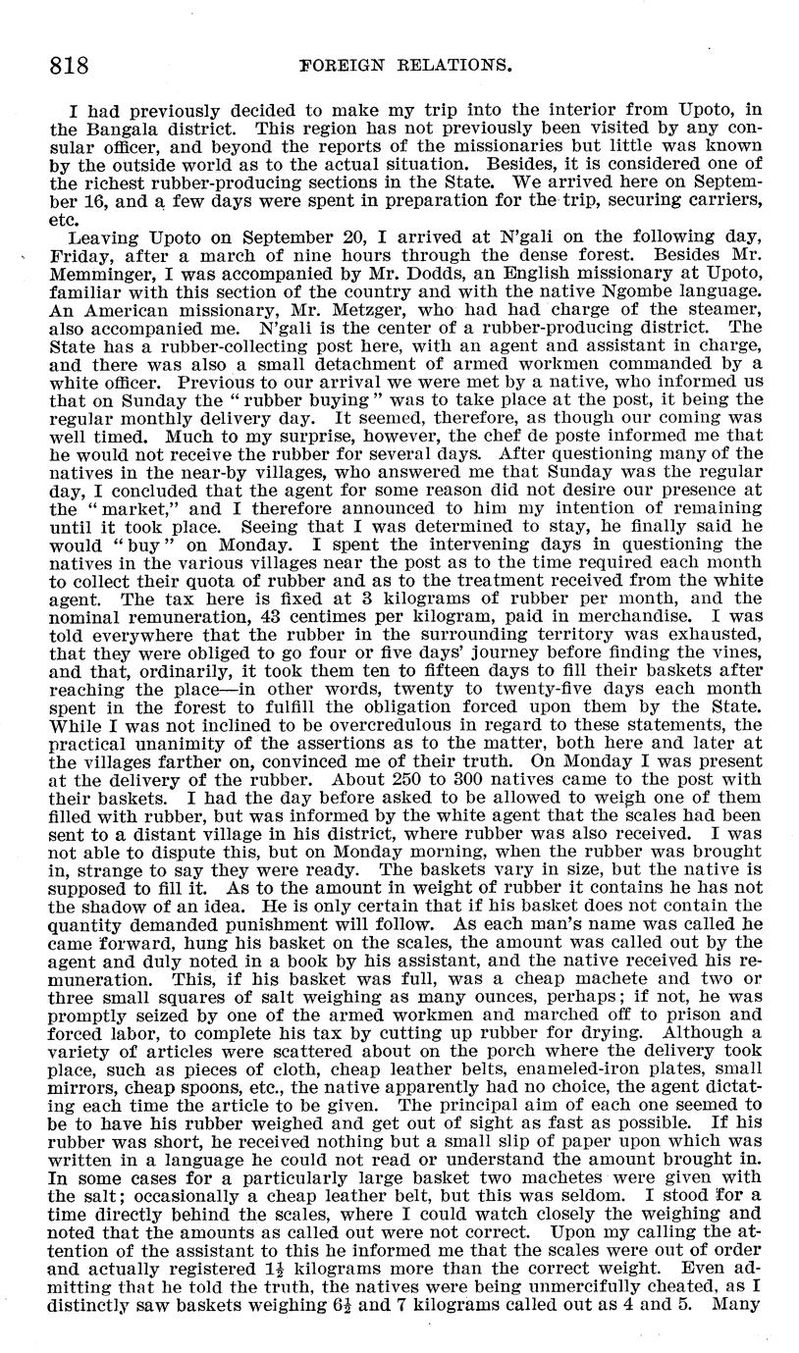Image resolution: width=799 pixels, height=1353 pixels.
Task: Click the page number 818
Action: (69, 66)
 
